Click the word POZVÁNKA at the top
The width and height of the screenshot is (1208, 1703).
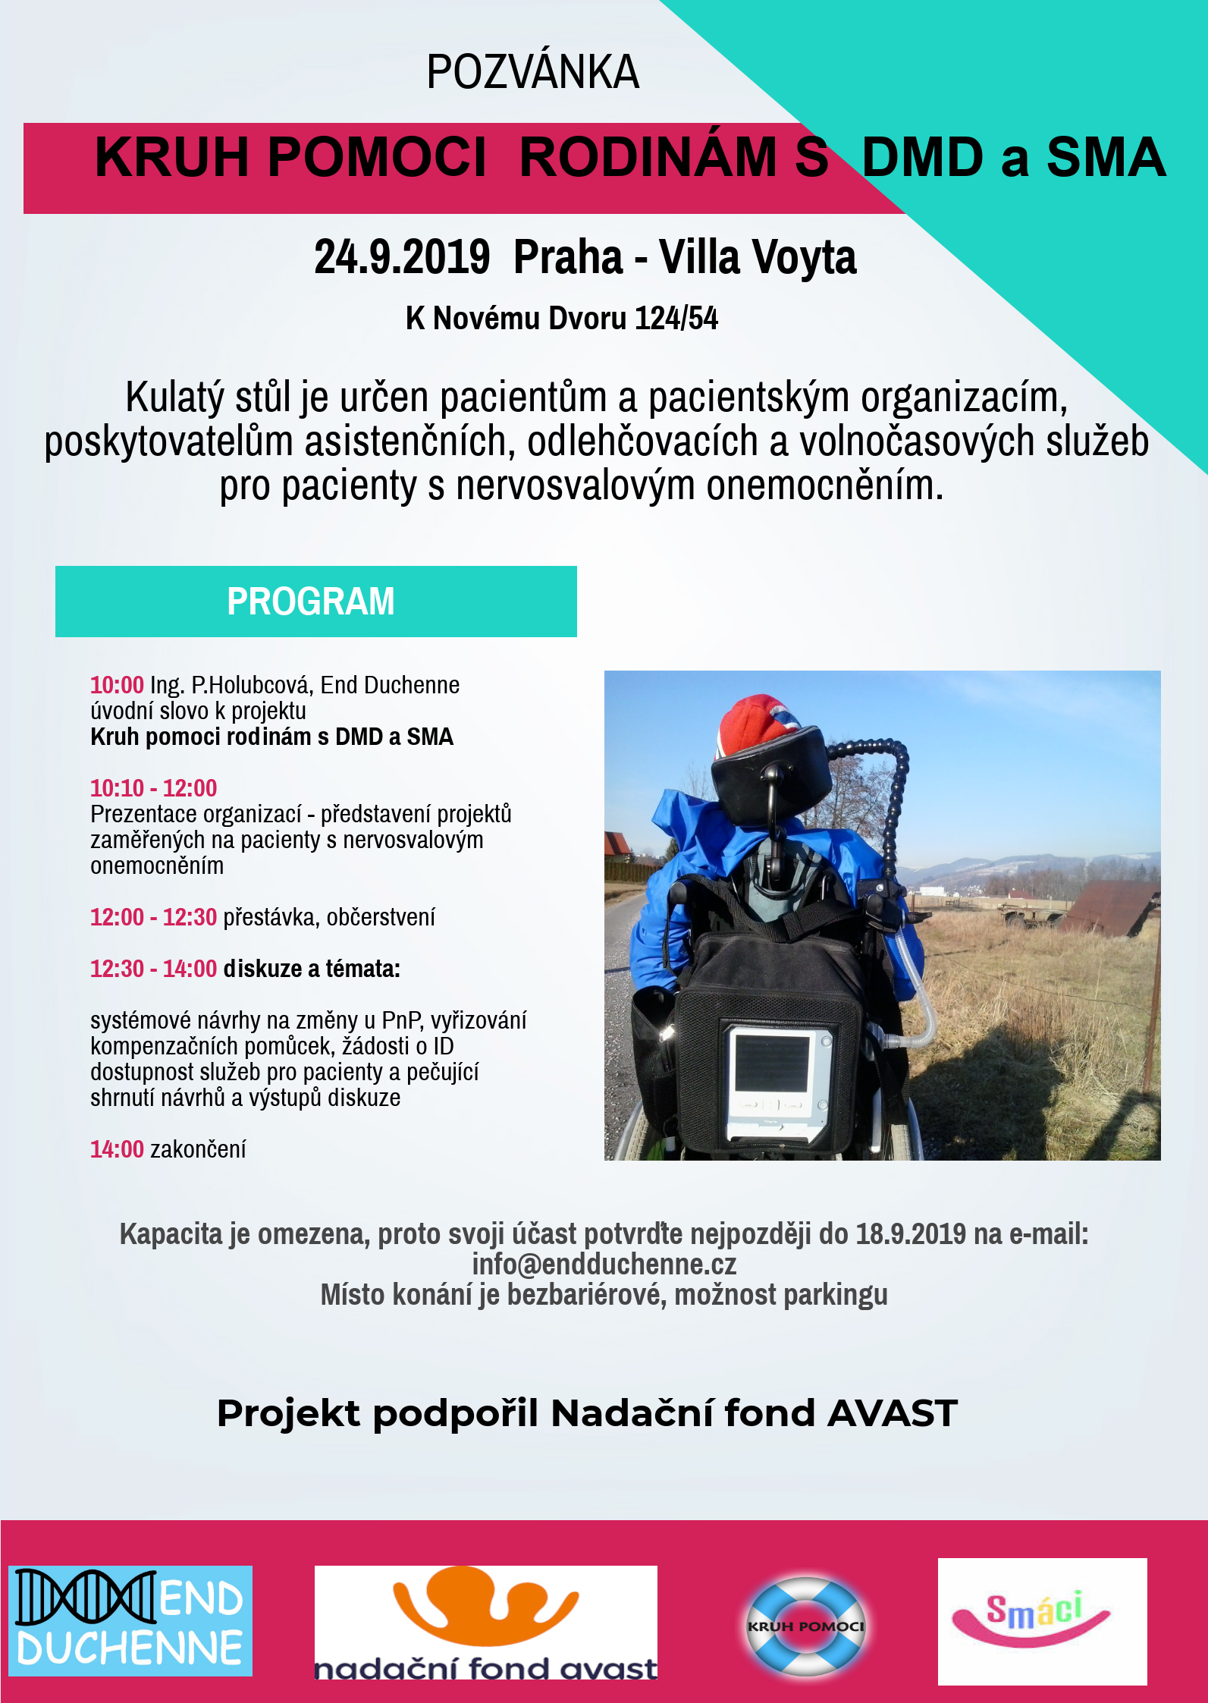coord(532,73)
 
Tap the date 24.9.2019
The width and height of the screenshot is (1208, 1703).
coord(402,257)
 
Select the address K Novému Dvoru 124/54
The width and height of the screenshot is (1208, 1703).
coord(561,319)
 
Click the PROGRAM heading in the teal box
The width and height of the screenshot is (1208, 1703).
coord(311,602)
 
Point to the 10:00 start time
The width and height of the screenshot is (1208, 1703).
coord(117,685)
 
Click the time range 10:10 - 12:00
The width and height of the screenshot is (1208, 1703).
coord(153,788)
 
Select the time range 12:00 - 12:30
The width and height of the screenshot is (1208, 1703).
coord(153,917)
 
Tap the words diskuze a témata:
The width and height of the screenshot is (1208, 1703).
coord(312,969)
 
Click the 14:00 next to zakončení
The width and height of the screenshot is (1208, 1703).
coord(117,1149)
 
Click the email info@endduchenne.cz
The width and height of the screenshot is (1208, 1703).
coord(604,1265)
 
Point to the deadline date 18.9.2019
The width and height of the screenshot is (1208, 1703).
coord(911,1234)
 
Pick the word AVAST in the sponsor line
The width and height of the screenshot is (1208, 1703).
coord(893,1413)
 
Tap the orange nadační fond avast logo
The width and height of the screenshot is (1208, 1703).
coord(485,1622)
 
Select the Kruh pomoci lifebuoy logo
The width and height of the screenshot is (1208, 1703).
coord(805,1626)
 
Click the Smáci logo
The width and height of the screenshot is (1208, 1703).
coord(1041,1621)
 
